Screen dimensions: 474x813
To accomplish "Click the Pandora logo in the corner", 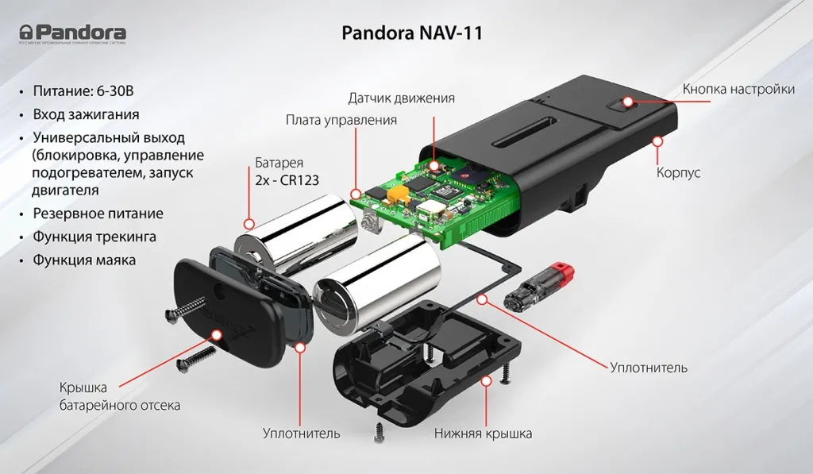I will click(73, 33).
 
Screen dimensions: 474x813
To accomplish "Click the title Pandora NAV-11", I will click(411, 33).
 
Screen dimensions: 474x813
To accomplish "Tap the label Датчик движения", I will click(401, 98).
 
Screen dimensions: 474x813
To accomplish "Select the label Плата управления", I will click(341, 120).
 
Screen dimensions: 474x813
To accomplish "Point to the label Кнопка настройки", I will click(738, 89).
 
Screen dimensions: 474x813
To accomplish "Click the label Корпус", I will click(678, 172).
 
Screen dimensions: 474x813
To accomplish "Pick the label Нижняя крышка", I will click(483, 434).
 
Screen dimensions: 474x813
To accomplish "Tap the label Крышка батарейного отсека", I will click(119, 396).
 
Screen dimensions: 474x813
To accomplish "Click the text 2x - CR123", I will click(287, 180).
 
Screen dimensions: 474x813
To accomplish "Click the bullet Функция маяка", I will click(84, 260).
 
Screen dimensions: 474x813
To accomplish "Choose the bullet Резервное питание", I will click(98, 214).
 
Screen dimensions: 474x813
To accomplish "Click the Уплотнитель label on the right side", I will click(648, 368).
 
